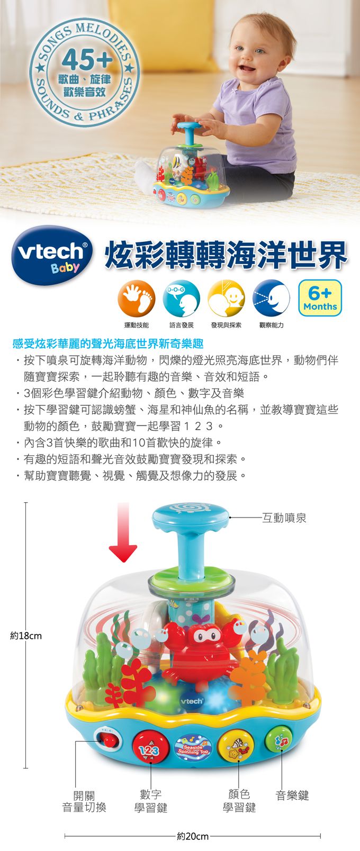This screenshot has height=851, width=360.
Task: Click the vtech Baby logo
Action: coord(51,255)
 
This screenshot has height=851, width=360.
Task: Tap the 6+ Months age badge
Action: coord(320,298)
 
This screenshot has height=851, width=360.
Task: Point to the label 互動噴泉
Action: coord(284,518)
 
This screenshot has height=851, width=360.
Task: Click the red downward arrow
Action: coord(123,535)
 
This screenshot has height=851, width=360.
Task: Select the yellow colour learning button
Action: coord(237,745)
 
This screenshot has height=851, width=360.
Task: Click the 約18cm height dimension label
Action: coord(26,635)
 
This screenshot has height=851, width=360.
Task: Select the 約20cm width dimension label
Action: coord(193,836)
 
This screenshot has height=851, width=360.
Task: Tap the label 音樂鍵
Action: coord(292,794)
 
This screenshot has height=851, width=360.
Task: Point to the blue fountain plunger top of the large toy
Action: coord(190,513)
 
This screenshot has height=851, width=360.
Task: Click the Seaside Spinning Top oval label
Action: coord(193,745)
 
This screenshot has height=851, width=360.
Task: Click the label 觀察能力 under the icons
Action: coord(271,325)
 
